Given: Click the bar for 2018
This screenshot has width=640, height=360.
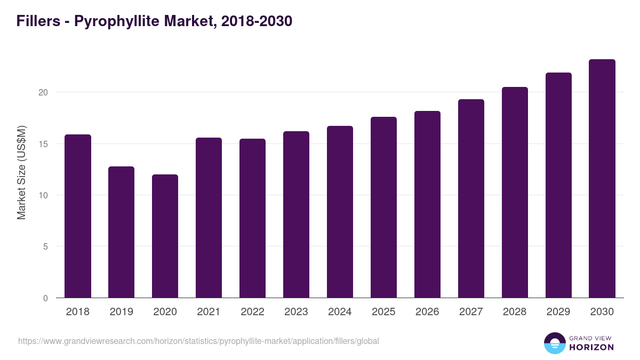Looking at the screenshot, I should click(78, 216).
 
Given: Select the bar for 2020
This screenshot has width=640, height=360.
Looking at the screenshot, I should click(165, 236).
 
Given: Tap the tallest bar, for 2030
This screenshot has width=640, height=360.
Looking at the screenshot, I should click(602, 179).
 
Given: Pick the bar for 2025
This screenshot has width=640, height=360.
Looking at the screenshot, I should click(384, 207).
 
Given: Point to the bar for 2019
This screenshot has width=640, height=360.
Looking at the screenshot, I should click(122, 232).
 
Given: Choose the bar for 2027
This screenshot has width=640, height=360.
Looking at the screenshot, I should click(471, 198).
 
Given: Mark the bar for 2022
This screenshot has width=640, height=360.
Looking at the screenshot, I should click(253, 218).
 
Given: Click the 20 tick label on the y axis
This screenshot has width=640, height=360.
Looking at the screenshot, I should click(43, 92).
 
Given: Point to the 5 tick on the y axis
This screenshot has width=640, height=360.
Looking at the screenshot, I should click(46, 246).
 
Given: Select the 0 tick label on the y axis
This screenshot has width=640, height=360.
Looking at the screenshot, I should click(46, 298).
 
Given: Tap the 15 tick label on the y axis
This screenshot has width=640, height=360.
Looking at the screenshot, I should click(43, 144).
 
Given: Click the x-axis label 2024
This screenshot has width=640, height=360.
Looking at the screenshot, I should click(340, 312).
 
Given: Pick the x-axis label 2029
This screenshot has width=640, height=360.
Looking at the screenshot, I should click(558, 312).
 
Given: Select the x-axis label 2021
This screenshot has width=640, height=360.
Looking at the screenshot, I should click(209, 312).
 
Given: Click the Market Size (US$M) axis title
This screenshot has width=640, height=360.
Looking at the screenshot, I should click(21, 172).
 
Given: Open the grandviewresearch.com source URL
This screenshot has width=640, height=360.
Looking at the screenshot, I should click(198, 341).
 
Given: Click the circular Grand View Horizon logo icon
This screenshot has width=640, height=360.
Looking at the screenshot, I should click(555, 343).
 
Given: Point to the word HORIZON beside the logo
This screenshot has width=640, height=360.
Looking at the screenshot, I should click(591, 347).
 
